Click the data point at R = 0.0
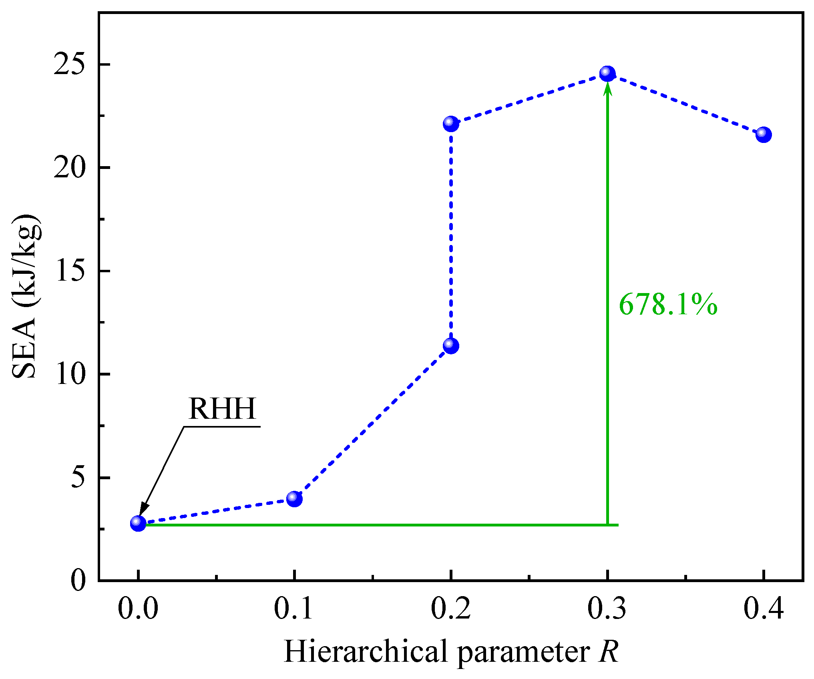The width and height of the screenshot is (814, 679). (x=138, y=523)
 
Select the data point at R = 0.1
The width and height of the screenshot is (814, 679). (x=294, y=499)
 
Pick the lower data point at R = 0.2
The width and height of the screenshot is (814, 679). (x=451, y=346)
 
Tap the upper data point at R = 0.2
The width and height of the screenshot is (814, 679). (x=451, y=124)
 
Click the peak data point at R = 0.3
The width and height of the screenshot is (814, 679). (x=607, y=74)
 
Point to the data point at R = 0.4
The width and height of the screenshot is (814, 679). (x=764, y=135)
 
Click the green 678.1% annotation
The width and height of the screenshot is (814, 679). (x=668, y=305)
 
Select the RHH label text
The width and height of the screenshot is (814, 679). (x=222, y=409)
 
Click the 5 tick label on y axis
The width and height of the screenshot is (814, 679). (x=78, y=478)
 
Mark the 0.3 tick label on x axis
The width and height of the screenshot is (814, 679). (x=607, y=609)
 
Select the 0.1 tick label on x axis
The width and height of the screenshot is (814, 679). (x=293, y=609)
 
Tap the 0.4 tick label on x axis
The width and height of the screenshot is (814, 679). (x=763, y=609)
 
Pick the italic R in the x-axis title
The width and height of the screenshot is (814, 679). (x=609, y=652)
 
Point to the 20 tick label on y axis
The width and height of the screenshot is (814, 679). (x=70, y=167)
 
